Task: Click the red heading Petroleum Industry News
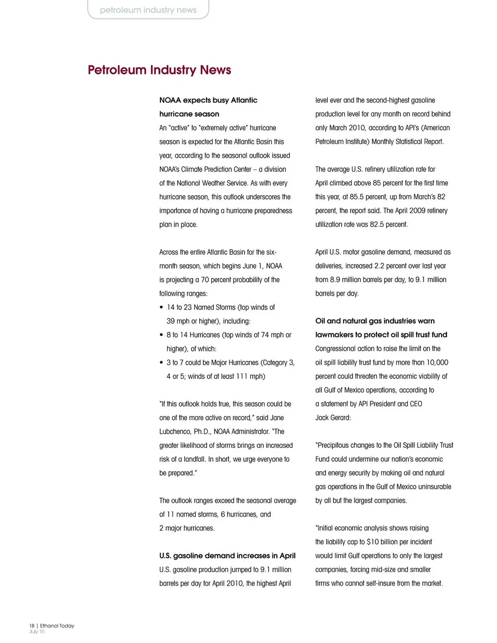click(x=159, y=70)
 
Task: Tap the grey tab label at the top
click(x=148, y=10)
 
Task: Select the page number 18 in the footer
click(x=32, y=625)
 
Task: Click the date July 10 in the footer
click(x=37, y=632)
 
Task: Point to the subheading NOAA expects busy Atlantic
click(x=208, y=100)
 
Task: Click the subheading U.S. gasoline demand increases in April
click(x=227, y=556)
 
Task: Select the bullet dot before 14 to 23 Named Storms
click(x=162, y=307)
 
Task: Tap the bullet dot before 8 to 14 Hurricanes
click(x=162, y=335)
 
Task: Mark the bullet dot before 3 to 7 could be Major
click(x=162, y=362)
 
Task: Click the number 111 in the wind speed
click(x=242, y=376)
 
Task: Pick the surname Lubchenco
click(x=175, y=431)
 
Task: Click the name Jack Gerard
click(x=333, y=417)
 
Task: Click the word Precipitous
click(x=336, y=445)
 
